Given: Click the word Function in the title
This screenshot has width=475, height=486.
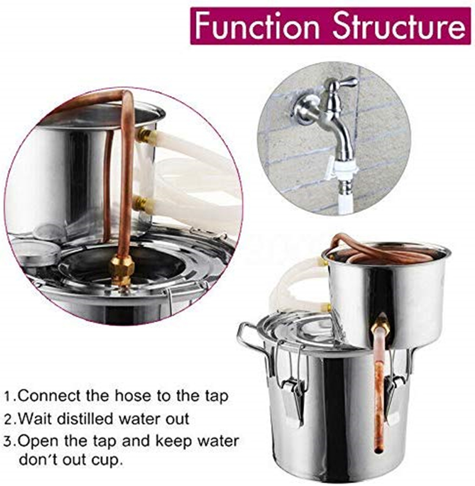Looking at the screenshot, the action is (257, 27).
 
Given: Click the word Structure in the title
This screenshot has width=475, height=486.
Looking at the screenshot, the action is (399, 27).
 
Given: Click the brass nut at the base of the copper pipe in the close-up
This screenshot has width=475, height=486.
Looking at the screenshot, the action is (122, 271).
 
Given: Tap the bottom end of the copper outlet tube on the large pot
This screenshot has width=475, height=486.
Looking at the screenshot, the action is (379, 450).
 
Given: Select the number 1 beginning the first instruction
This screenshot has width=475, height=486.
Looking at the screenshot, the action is (9, 397).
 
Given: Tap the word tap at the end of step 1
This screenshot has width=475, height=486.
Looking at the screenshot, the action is (216, 397).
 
